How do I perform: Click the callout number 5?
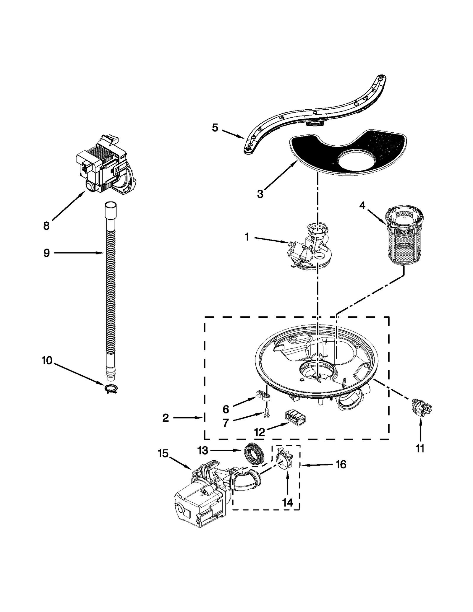click(x=215, y=128)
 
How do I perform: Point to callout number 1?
click(x=247, y=237)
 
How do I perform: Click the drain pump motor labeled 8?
click(x=106, y=165)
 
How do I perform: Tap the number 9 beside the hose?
click(x=46, y=253)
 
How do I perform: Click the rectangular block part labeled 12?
click(x=295, y=418)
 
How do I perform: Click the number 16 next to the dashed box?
click(x=341, y=465)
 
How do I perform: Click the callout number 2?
click(x=166, y=418)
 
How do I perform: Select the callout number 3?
click(x=260, y=194)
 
